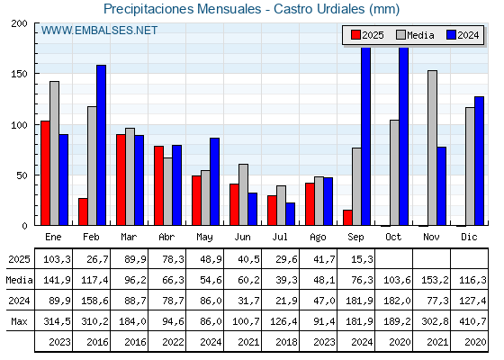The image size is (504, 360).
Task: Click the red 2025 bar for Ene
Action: point(45,173)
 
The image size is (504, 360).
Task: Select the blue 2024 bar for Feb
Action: point(101,145)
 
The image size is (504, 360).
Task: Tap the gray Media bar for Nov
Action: point(432,148)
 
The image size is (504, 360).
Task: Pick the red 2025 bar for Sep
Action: point(347,218)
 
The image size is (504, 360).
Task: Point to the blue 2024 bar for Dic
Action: point(479,161)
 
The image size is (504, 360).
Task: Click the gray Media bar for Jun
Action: point(243,194)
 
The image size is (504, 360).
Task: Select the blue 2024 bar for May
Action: point(215,182)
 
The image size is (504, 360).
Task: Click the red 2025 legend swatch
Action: point(355,35)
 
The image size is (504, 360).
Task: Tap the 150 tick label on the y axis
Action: point(19,74)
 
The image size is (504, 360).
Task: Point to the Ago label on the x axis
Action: point(318,238)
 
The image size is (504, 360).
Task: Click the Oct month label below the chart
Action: point(393,237)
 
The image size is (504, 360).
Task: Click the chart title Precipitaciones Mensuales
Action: point(182,9)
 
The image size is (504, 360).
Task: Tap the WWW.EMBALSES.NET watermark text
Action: point(99,31)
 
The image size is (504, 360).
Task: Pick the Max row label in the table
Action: point(19,321)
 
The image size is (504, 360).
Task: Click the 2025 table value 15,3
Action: point(362,259)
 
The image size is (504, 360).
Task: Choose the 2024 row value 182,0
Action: point(397,301)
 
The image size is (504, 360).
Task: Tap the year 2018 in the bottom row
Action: point(286,342)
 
